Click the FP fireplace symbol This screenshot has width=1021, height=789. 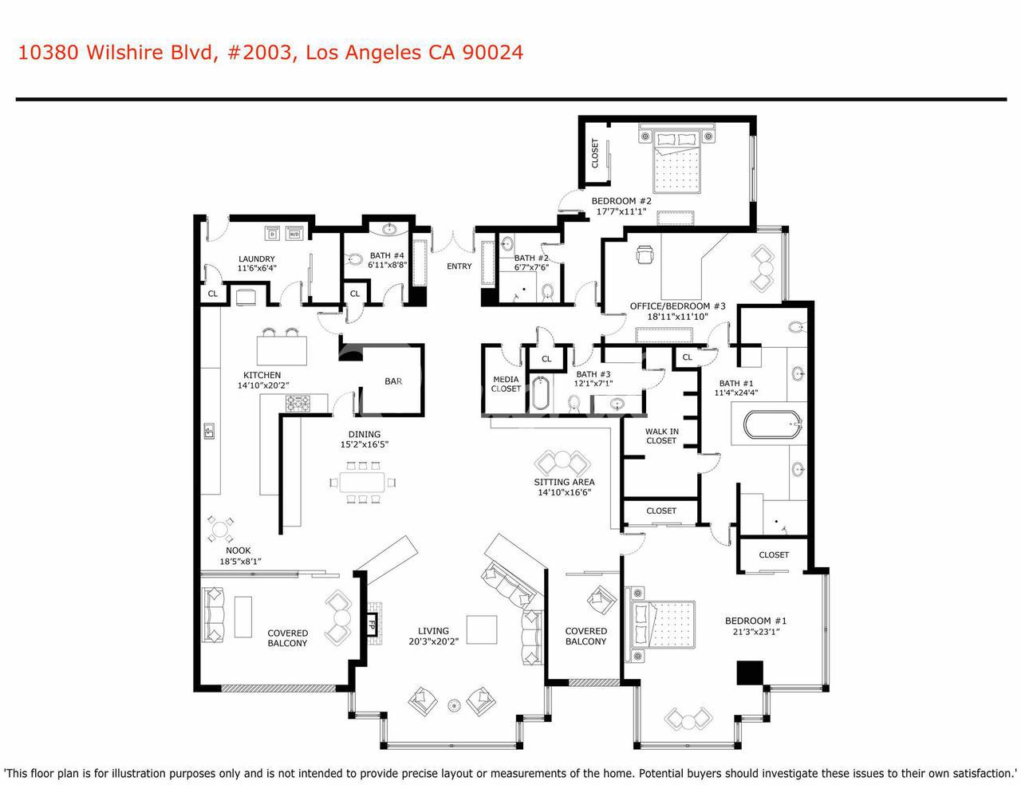pos(373,625)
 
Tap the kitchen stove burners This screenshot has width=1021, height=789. pos(298,404)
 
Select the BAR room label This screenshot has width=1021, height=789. pos(393,381)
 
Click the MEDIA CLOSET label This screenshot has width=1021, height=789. pos(506,384)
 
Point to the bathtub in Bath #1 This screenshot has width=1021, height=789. pos(771,425)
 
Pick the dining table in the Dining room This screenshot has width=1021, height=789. pos(362,482)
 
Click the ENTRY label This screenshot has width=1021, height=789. pos(459,266)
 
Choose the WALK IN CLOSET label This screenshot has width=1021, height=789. pos(661,436)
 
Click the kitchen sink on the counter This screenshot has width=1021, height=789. pos(209,431)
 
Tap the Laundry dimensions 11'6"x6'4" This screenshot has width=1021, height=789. pos(257,268)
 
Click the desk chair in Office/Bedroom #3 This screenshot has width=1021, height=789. pos(645,255)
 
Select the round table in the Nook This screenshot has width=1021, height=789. pos(220,530)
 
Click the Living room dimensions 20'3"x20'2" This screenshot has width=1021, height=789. pos(433,641)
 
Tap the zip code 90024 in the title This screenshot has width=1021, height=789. pos(493,53)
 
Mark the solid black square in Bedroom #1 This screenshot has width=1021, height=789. pos(750,673)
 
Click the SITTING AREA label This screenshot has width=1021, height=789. pos(564,482)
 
